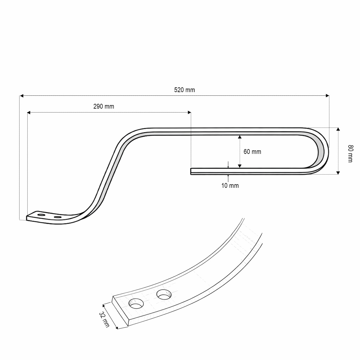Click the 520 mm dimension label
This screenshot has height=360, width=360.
point(184,90)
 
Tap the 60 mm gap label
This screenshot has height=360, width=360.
point(252,152)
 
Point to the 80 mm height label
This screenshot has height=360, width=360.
point(350,154)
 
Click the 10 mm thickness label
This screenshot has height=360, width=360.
point(230,186)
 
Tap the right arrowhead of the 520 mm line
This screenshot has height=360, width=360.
point(327,96)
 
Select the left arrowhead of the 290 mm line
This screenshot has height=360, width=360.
point(29,112)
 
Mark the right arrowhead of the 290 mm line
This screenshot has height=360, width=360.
point(189,112)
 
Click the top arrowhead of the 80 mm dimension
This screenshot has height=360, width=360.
point(338,130)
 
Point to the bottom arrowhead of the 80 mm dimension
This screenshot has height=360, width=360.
point(338,172)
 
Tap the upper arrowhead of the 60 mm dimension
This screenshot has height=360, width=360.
point(239,137)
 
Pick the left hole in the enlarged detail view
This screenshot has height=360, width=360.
point(136,304)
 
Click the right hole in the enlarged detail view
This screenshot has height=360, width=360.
point(163,295)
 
